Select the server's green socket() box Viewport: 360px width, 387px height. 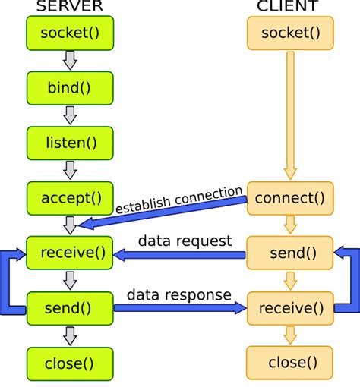point(70,33)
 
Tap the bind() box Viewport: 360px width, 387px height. point(70,87)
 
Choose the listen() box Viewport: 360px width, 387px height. point(70,143)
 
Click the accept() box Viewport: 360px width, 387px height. point(70,198)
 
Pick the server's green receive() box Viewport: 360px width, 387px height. point(70,253)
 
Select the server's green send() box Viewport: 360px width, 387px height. point(70,308)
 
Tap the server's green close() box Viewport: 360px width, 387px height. point(70,363)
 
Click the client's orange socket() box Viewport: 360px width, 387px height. point(289,33)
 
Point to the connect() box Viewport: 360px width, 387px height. point(289,198)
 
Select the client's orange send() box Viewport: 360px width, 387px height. point(289,253)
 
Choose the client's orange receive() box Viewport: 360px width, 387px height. point(289,308)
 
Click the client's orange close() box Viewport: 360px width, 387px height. point(289,363)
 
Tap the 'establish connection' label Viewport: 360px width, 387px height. point(178,199)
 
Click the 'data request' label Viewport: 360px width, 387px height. point(185,241)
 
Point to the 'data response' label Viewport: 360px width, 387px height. point(180,294)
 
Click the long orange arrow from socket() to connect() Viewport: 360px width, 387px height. point(289,114)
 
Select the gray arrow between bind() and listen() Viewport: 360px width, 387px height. point(70,115)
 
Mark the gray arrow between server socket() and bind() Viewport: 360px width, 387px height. point(70,60)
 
